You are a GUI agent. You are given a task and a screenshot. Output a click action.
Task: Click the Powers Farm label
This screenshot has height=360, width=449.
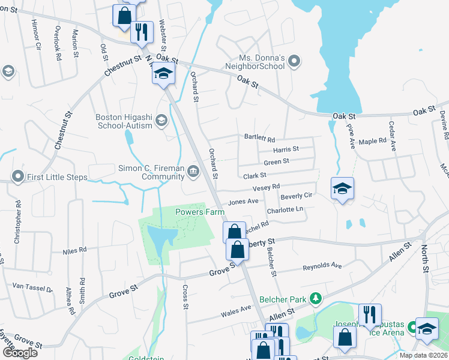(199, 212)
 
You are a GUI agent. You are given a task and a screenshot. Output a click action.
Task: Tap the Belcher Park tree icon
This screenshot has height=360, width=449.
(314, 299)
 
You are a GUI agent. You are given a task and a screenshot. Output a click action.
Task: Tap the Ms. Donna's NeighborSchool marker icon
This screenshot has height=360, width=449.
(294, 61)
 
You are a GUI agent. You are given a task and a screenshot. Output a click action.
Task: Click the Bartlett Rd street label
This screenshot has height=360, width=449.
(259, 137)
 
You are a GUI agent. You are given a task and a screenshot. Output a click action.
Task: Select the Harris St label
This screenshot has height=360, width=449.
(285, 149)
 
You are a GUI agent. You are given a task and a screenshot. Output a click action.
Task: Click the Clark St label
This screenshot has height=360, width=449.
(255, 176)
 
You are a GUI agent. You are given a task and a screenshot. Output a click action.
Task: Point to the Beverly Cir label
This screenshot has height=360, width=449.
(297, 196)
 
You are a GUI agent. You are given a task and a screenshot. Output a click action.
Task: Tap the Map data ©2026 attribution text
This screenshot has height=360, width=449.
(423, 355)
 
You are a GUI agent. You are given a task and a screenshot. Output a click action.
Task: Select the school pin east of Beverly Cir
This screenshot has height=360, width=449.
(342, 190)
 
